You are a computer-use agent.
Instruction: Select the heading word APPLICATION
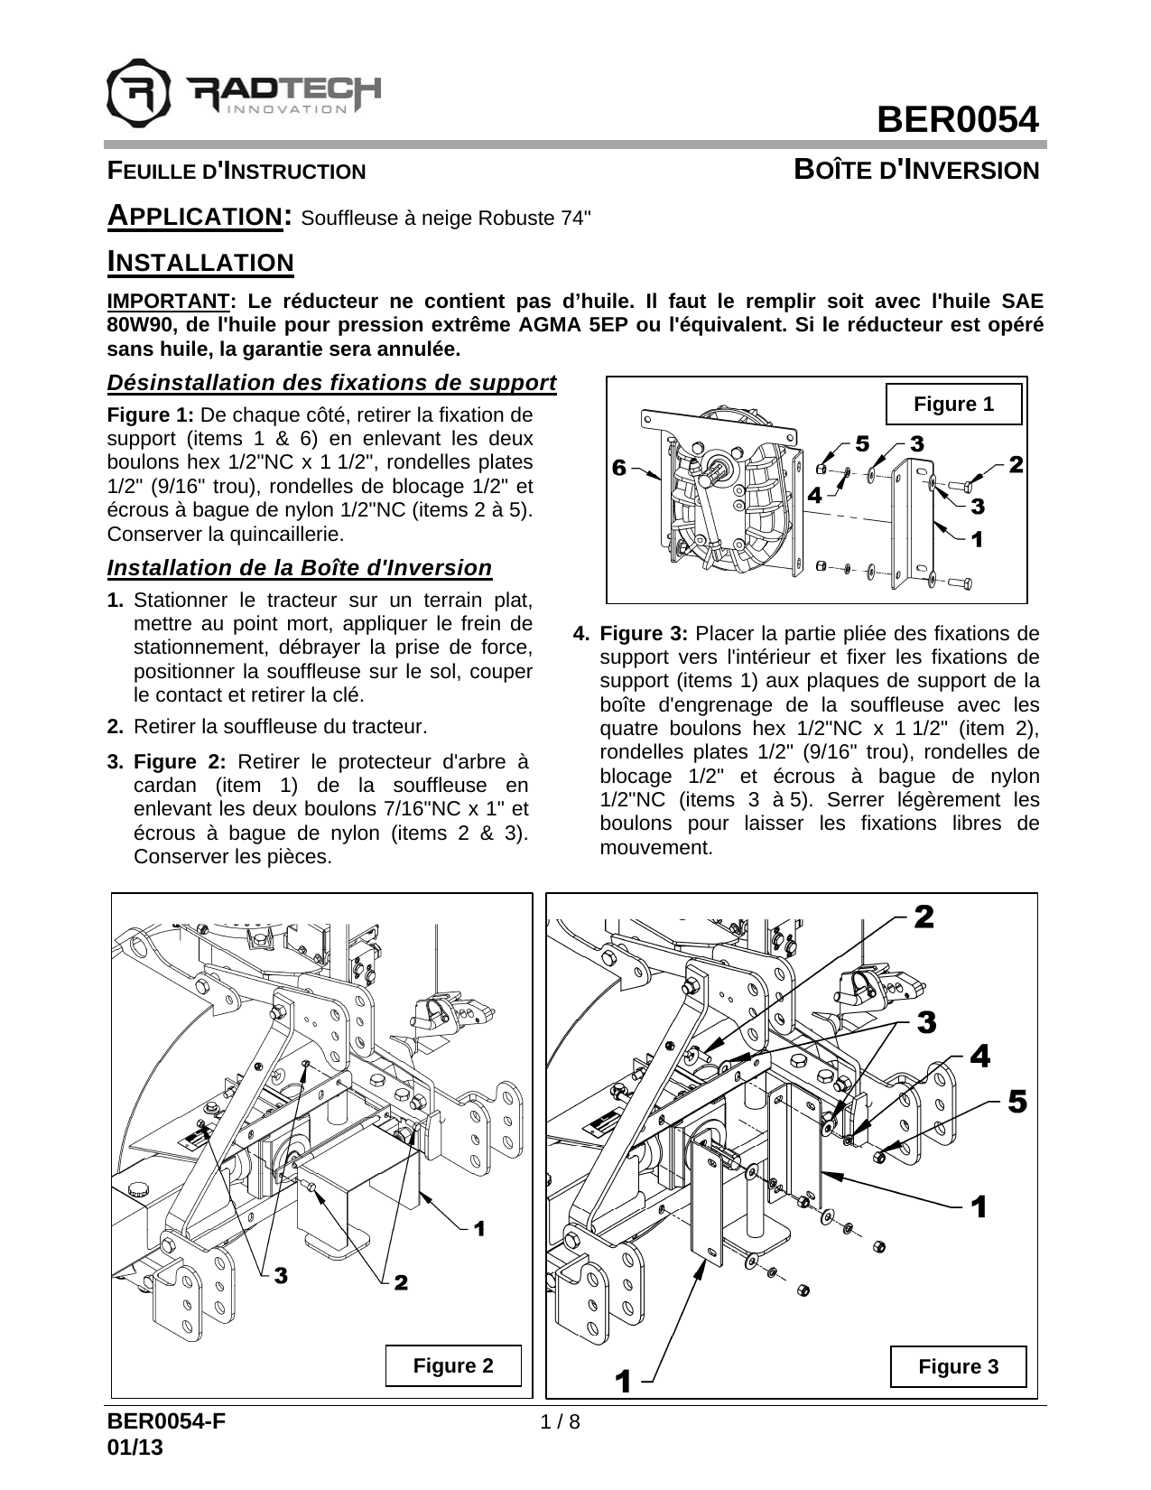[194, 217]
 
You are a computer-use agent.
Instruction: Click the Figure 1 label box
[953, 405]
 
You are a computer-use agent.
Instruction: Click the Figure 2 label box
[453, 1365]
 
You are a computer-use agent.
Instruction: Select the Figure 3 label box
[958, 1366]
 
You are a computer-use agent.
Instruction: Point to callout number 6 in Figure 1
[618, 468]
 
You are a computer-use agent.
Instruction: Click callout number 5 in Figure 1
[861, 443]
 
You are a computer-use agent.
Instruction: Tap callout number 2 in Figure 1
[1016, 465]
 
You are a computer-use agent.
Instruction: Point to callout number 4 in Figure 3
[979, 1056]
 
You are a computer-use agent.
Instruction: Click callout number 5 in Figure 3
[1017, 1101]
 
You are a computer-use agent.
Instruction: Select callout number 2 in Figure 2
[401, 1282]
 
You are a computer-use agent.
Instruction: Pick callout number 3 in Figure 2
[280, 1275]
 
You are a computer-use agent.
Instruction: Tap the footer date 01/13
[135, 1447]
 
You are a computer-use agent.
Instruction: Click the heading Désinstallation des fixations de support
[331, 383]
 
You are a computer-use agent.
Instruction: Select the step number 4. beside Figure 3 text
[582, 633]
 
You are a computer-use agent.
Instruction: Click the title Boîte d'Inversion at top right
[916, 170]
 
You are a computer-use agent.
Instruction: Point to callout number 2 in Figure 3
[924, 917]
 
